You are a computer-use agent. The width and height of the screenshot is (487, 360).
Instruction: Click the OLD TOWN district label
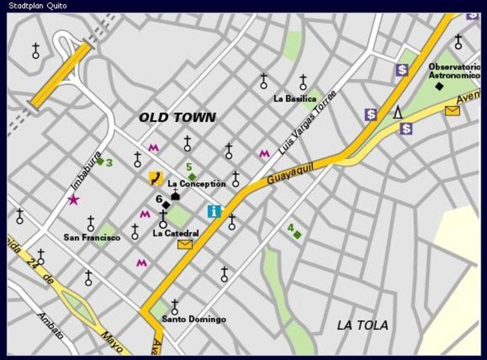(x=177, y=118)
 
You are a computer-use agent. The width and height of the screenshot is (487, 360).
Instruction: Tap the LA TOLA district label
(x=362, y=325)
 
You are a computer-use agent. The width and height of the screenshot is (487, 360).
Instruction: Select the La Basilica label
(x=295, y=99)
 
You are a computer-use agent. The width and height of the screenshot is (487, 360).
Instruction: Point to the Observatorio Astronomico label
(x=454, y=71)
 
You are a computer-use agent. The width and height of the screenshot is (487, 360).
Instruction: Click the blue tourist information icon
(x=214, y=211)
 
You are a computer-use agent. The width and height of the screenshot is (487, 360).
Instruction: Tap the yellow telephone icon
(x=156, y=178)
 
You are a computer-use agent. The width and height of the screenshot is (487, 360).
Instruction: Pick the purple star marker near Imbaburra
(x=74, y=199)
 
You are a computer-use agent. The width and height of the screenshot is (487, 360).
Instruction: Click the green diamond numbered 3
(x=100, y=161)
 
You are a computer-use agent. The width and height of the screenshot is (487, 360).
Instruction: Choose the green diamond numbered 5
(x=192, y=177)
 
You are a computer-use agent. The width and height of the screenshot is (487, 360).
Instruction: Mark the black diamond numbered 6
(x=166, y=205)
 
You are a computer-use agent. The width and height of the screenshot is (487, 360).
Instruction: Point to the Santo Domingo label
(x=194, y=319)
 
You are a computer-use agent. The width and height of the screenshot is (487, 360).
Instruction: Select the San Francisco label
(x=92, y=238)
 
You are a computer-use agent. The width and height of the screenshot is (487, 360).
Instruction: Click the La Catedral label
(x=175, y=233)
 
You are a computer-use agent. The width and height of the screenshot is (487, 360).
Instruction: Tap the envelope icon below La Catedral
(x=184, y=245)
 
